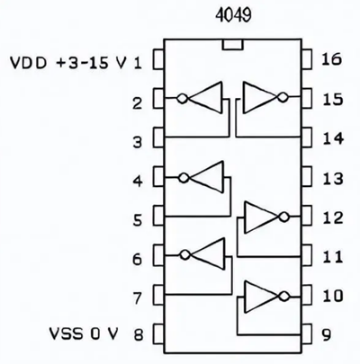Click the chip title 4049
pos(236,15)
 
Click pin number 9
pos(329,335)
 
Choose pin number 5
pos(137,218)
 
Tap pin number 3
pos(137,139)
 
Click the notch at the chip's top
pos(232,45)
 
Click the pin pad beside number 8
pos(158,335)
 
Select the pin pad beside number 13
pos(307,178)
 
